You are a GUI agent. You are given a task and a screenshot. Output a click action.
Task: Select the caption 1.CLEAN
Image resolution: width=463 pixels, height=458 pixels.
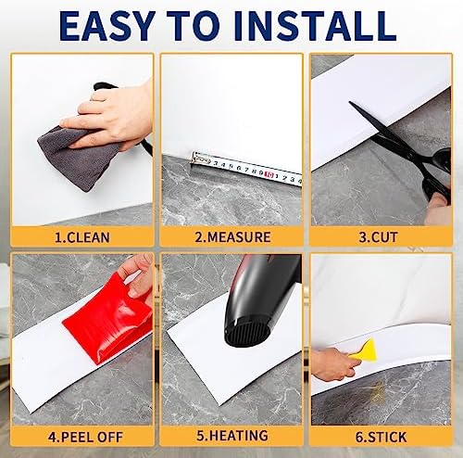tap(81, 237)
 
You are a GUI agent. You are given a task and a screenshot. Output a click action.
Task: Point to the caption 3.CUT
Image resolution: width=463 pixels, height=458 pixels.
tap(379, 237)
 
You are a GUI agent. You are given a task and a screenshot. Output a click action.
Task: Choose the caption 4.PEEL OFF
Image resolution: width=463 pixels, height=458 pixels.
tap(81, 434)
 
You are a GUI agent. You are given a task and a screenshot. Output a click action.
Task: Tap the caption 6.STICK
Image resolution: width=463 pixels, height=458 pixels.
tap(379, 434)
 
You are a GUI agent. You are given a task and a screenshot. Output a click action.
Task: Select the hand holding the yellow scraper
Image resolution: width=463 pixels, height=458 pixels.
tap(333, 363)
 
